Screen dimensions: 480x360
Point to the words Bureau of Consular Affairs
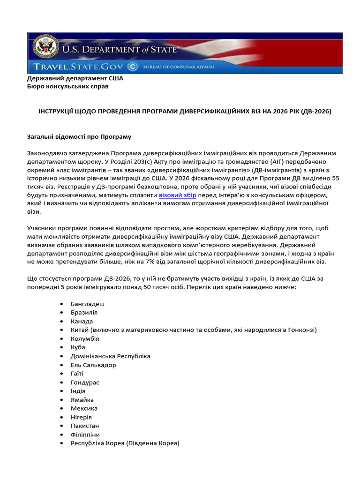179,67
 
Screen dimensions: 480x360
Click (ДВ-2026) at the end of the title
314,112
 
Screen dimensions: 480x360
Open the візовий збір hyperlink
177,195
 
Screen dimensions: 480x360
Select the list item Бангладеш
88,304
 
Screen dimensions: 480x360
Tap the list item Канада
82,322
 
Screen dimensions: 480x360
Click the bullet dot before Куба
62,347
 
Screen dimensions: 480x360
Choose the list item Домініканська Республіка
110,356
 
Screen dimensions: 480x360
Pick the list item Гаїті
77,374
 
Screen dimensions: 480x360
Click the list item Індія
78,391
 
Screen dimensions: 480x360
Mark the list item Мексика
84,408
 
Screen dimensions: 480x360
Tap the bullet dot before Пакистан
62,426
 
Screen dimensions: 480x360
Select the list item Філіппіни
85,435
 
